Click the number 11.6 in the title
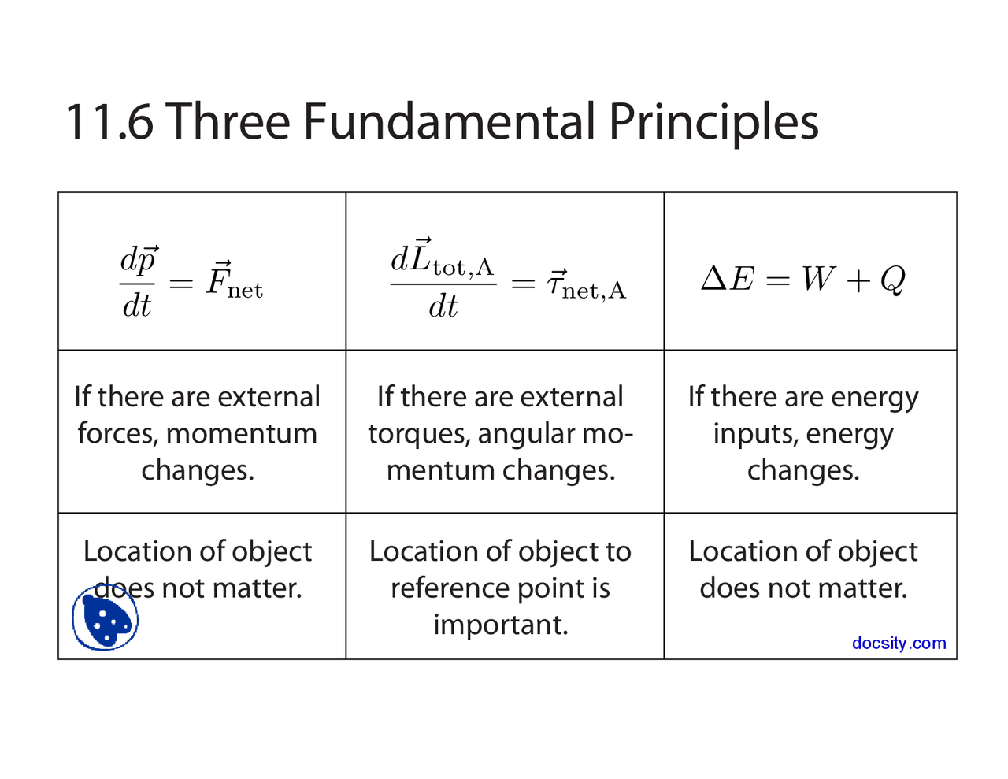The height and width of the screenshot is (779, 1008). pos(109,121)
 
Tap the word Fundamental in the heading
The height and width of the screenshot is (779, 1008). pos(449,121)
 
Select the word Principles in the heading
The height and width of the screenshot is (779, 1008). pos(713,125)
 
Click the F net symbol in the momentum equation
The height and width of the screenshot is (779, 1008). pos(234,279)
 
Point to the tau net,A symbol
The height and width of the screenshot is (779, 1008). pos(587,284)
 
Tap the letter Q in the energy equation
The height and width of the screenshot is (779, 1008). pos(892,280)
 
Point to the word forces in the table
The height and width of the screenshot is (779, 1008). pos(117,434)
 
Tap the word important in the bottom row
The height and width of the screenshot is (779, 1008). pos(501,625)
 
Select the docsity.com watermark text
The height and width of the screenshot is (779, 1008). pos(899,643)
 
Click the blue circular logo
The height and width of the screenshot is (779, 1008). pos(105,617)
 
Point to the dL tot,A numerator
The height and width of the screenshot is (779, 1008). pos(442,258)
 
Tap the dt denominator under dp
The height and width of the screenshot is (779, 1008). pos(136,306)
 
